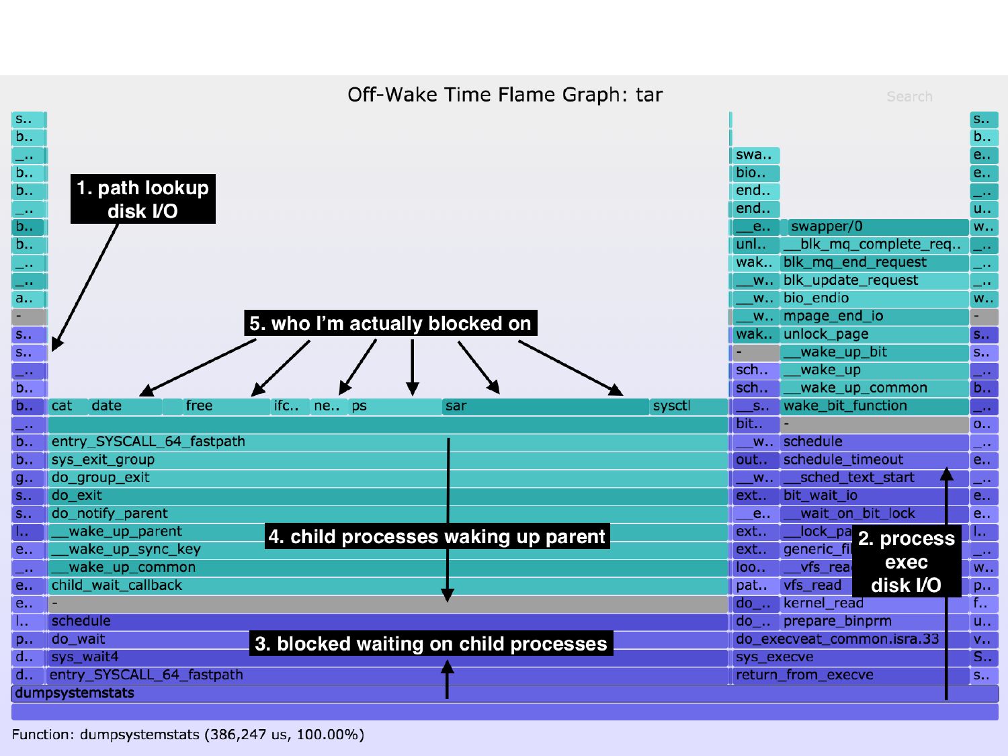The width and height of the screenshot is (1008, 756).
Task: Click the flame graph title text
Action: coord(505,95)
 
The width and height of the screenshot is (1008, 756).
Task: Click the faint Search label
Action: coord(909,97)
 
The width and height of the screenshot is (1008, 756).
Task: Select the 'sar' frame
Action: coord(544,407)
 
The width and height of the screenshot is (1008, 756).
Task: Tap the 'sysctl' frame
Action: coord(689,407)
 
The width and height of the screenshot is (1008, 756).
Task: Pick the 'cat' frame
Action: coord(67,407)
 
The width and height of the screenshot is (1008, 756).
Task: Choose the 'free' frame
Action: coord(225,407)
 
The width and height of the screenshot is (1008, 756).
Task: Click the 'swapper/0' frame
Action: coord(877,227)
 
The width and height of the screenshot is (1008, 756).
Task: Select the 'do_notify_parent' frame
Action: coord(269,514)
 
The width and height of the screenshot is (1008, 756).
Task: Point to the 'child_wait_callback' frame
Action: coord(269,586)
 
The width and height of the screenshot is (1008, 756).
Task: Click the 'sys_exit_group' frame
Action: coord(269,460)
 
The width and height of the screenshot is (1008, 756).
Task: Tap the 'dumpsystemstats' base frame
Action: coord(504,694)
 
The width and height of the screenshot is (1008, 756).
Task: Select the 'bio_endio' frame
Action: coord(874,298)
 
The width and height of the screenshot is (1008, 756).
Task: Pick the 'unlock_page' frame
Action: coord(874,335)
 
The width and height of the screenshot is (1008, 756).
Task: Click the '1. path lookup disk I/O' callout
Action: coord(142,199)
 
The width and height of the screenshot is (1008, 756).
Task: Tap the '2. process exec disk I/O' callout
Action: coord(906,562)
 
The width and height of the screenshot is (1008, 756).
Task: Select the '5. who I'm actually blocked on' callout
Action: coord(390,323)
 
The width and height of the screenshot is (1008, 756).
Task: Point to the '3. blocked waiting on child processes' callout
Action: coord(431,644)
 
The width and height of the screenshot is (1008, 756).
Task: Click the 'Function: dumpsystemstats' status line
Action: coord(188,734)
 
